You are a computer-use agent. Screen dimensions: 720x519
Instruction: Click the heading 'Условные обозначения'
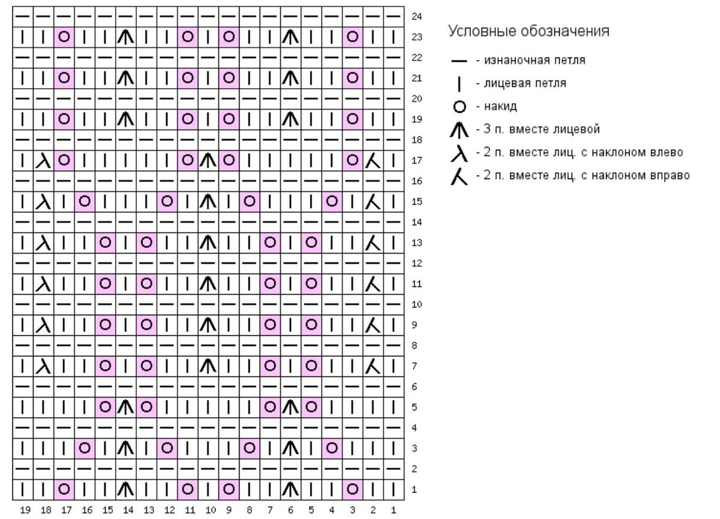tap(529, 31)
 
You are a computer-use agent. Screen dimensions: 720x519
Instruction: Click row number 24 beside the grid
tap(416, 16)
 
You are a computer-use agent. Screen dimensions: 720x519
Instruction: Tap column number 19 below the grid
tap(25, 509)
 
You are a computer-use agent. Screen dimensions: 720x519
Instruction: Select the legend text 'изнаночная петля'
tap(535, 60)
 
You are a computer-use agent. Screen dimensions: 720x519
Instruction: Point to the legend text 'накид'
tap(500, 106)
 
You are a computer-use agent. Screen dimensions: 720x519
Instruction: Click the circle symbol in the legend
tap(460, 107)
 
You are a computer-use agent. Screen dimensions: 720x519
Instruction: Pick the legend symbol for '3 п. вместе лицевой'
tap(459, 130)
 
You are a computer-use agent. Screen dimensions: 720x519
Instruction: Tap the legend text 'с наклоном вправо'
tap(635, 175)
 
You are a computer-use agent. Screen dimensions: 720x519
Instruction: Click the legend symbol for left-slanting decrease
tap(459, 153)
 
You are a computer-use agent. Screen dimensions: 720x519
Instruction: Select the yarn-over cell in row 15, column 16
tap(85, 201)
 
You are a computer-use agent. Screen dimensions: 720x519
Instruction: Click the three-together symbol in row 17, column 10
tap(208, 161)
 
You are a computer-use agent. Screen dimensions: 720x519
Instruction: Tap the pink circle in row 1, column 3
tap(353, 489)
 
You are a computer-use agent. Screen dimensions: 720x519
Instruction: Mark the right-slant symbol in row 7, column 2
tap(373, 366)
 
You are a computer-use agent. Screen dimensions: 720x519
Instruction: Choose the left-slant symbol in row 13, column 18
tap(43, 243)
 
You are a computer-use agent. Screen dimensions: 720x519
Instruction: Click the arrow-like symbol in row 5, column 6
tap(290, 408)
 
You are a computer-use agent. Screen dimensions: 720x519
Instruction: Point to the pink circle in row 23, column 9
tap(229, 37)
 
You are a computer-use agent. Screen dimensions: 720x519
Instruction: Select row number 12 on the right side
tap(416, 263)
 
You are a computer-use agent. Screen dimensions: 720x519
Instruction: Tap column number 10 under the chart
tap(211, 509)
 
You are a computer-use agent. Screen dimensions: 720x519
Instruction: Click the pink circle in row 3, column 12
tap(167, 448)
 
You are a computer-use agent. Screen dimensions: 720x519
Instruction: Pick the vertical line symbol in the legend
tap(459, 84)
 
